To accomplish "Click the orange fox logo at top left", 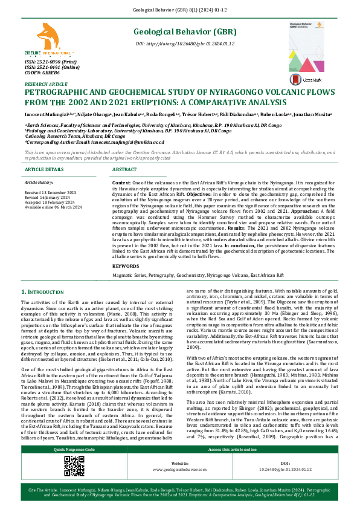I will click(47, 37).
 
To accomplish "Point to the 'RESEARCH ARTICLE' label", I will click(46, 84).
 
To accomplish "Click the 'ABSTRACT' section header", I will click(125, 170).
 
